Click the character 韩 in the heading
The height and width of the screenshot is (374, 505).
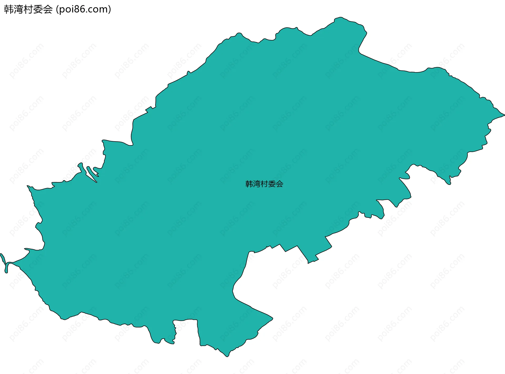click(9, 9)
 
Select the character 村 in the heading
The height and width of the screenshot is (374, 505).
click(28, 9)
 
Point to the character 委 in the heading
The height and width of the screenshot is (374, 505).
click(38, 9)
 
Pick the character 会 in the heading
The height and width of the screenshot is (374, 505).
click(48, 9)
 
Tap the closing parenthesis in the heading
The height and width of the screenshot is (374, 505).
click(109, 9)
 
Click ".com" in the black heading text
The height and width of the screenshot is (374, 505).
click(95, 9)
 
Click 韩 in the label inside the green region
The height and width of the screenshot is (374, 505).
click(249, 184)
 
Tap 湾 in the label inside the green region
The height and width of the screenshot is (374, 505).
click(257, 184)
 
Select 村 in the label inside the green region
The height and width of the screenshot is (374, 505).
click(264, 184)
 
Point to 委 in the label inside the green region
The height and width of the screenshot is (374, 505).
click(272, 184)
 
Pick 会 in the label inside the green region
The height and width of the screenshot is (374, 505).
click(279, 184)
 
